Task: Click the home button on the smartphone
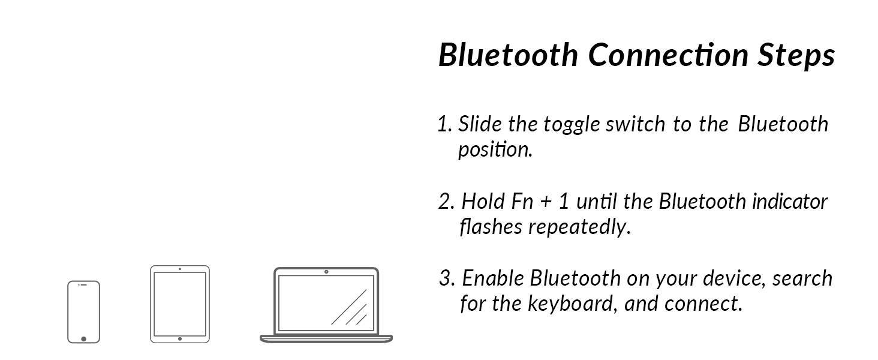click(83, 339)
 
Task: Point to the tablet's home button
click(180, 339)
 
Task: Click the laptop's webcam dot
click(326, 272)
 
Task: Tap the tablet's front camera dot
click(180, 269)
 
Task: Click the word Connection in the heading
click(668, 55)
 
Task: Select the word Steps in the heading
click(796, 56)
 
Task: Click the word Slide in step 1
click(480, 124)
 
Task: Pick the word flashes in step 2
click(491, 226)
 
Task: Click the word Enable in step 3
click(493, 278)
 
